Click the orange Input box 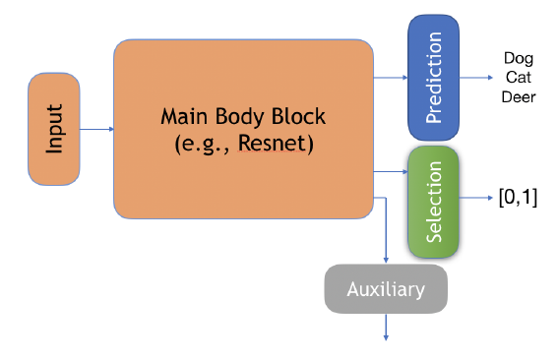click(x=54, y=129)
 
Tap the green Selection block click(x=434, y=203)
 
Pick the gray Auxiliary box click(x=386, y=289)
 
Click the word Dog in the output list click(x=518, y=58)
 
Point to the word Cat click(x=518, y=77)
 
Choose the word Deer click(x=518, y=96)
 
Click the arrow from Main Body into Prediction click(x=391, y=78)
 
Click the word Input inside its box click(x=54, y=129)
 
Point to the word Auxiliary click(x=386, y=290)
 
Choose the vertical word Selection click(x=434, y=203)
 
